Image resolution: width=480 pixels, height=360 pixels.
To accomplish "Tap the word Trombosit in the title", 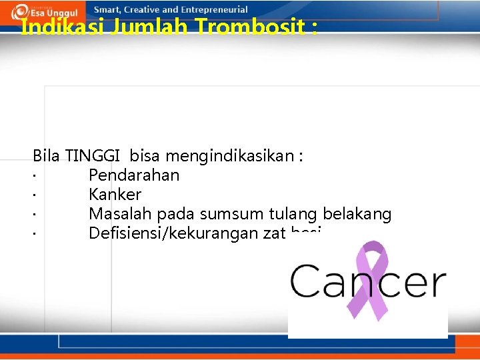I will (253, 28).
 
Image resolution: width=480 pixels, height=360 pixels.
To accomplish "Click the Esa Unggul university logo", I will (47, 11).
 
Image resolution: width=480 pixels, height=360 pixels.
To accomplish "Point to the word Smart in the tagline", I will (107, 10).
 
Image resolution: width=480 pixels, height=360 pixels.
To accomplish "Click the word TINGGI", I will (92, 157).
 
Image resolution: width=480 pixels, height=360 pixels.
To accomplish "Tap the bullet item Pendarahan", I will (134, 175).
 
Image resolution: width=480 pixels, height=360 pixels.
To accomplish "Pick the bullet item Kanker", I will (115, 195).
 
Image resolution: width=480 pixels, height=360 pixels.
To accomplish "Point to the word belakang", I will (357, 214).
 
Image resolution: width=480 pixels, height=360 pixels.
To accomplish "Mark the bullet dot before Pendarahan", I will (33, 177).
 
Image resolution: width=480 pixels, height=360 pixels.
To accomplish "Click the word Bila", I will (46, 157).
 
